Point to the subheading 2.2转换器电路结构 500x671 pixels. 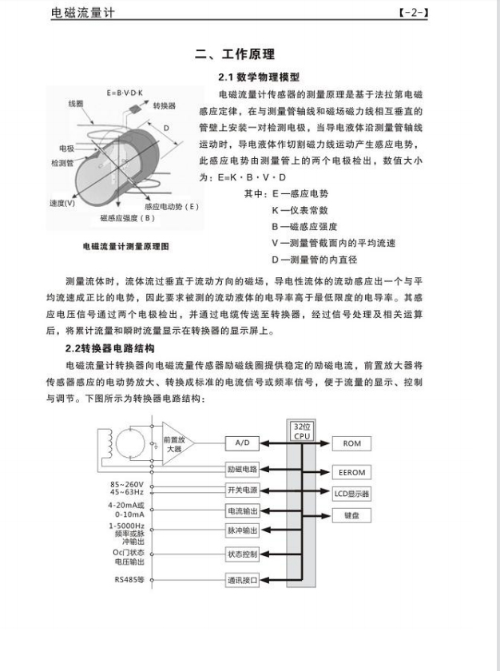tap(110, 349)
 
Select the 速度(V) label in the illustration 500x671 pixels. tap(62, 203)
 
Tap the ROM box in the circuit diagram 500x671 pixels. tap(351, 443)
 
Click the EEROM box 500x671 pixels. tap(351, 473)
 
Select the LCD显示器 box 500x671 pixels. tap(351, 494)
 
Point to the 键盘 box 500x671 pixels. tap(351, 516)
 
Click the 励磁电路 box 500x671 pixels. tap(243, 468)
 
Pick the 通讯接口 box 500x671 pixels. tap(243, 581)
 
